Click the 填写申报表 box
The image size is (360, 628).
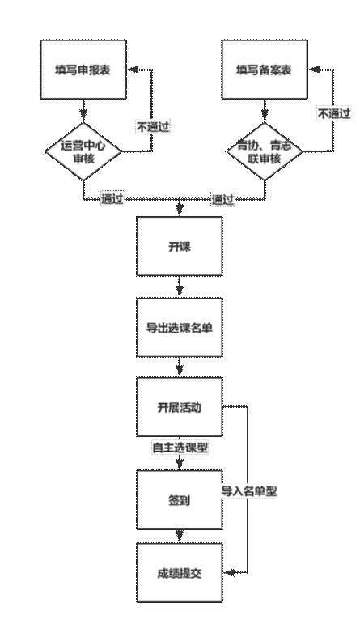click(x=83, y=70)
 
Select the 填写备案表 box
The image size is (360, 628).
click(x=265, y=70)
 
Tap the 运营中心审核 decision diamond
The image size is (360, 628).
click(x=83, y=151)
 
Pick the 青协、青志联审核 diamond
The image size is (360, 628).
click(x=265, y=151)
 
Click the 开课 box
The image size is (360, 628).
click(x=180, y=246)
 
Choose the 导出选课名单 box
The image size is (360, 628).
click(x=180, y=327)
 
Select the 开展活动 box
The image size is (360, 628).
click(x=180, y=407)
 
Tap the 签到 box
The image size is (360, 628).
click(x=180, y=500)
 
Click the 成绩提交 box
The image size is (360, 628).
click(x=180, y=573)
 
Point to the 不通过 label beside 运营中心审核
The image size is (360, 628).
click(x=153, y=127)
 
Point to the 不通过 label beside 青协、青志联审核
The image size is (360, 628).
click(x=334, y=113)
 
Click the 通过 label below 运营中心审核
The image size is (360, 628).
click(x=112, y=198)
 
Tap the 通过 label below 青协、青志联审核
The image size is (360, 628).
click(x=223, y=198)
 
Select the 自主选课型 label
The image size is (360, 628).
click(x=180, y=448)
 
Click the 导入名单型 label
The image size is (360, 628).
click(x=249, y=491)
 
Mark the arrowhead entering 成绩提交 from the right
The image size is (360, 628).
click(x=228, y=573)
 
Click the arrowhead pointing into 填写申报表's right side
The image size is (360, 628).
click(x=132, y=70)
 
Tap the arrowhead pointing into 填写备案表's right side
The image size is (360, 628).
click(x=314, y=70)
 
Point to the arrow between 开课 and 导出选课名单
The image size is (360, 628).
click(x=180, y=286)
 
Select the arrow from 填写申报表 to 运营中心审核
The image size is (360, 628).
click(x=83, y=110)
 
